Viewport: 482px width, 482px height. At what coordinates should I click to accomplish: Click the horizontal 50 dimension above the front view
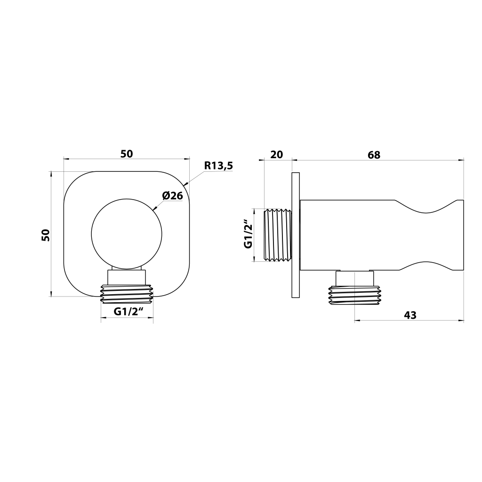[x=126, y=154]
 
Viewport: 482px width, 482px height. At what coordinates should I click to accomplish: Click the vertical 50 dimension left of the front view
[x=46, y=235]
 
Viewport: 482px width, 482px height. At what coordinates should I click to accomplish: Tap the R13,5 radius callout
[x=218, y=166]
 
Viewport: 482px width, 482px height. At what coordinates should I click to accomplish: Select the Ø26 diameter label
[x=172, y=195]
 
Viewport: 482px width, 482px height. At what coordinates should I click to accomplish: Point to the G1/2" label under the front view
[x=129, y=312]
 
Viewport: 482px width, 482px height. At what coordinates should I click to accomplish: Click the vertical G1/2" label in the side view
[x=248, y=233]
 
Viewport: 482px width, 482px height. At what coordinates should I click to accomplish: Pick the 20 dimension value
[x=276, y=154]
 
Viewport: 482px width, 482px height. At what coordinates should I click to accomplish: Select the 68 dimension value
[x=374, y=154]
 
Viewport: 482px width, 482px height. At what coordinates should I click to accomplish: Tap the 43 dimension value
[x=410, y=315]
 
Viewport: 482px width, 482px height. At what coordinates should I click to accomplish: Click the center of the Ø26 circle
[x=126, y=234]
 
